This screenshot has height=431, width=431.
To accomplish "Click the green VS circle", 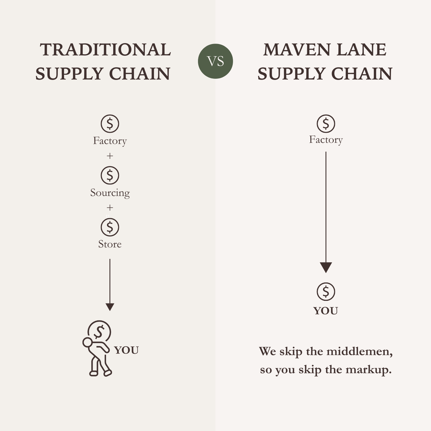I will click(215, 61).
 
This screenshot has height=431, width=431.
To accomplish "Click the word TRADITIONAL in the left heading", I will click(105, 50).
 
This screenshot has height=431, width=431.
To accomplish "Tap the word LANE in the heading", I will click(362, 50).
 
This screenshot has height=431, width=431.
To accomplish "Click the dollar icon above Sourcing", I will click(110, 175).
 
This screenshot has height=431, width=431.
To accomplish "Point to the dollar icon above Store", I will click(110, 227).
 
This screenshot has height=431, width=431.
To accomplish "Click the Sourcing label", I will click(110, 193).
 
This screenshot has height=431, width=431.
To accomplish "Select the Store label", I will click(110, 244).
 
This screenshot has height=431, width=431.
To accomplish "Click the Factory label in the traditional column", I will click(110, 141).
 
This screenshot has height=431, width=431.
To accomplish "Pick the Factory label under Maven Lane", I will click(326, 140).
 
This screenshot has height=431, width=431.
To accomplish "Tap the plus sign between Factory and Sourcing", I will click(110, 156).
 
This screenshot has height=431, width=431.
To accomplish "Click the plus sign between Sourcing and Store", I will click(110, 207).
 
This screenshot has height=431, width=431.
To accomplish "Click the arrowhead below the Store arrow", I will click(110, 307).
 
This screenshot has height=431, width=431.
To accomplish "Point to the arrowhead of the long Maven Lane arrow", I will click(326, 267).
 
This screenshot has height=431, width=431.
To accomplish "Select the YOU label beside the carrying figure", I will click(126, 350).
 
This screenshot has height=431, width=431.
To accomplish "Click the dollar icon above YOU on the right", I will click(326, 291).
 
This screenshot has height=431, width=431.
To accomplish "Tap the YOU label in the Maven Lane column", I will click(326, 311).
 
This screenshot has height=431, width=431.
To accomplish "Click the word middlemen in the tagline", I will click(359, 351).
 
